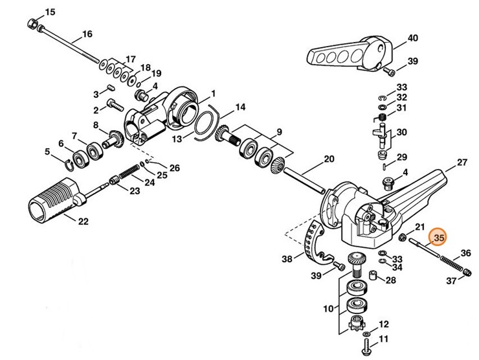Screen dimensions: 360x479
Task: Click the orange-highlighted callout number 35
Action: point(440,238)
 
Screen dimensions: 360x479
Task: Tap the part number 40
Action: point(412,38)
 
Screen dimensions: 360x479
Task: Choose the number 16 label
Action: point(87,34)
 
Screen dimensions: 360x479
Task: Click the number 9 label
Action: point(279,132)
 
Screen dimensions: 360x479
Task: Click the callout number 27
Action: point(462,163)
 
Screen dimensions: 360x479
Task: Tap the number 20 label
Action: point(329,159)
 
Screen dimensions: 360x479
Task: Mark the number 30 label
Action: point(401,132)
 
